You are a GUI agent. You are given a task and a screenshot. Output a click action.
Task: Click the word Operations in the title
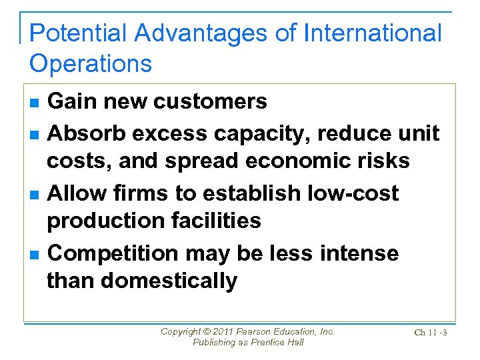click(91, 63)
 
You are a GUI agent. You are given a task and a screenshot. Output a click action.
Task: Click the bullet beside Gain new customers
click(34, 103)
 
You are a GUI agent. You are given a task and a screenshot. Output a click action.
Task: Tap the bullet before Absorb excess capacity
click(34, 135)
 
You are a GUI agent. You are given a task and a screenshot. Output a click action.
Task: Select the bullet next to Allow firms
click(34, 195)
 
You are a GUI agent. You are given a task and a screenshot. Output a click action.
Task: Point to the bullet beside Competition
click(34, 255)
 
